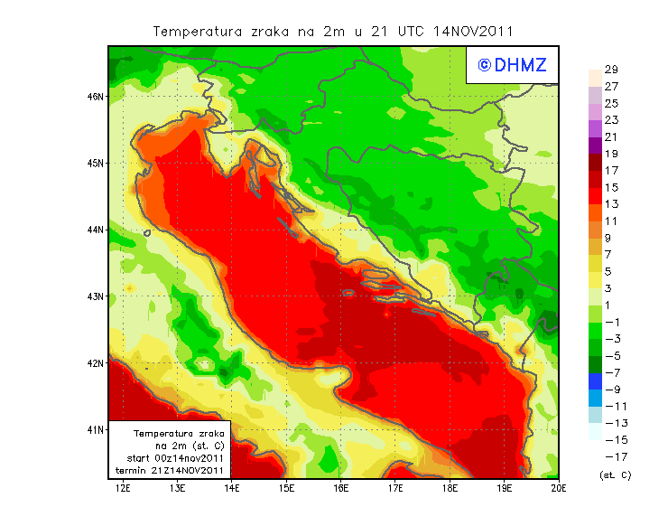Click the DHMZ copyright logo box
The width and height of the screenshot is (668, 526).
pyautogui.click(x=512, y=65)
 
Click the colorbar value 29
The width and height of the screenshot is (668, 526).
pyautogui.click(x=611, y=70)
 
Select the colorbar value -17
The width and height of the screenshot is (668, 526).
pyautogui.click(x=611, y=456)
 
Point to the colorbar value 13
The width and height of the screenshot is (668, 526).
pyautogui.click(x=611, y=204)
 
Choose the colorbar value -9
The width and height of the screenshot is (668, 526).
pyautogui.click(x=611, y=389)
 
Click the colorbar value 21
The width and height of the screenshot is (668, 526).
pyautogui.click(x=611, y=136)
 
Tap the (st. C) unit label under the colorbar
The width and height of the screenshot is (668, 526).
pyautogui.click(x=615, y=474)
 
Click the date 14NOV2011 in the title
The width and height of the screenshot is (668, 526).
pyautogui.click(x=473, y=31)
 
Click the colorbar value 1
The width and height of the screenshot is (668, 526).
pyautogui.click(x=611, y=305)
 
